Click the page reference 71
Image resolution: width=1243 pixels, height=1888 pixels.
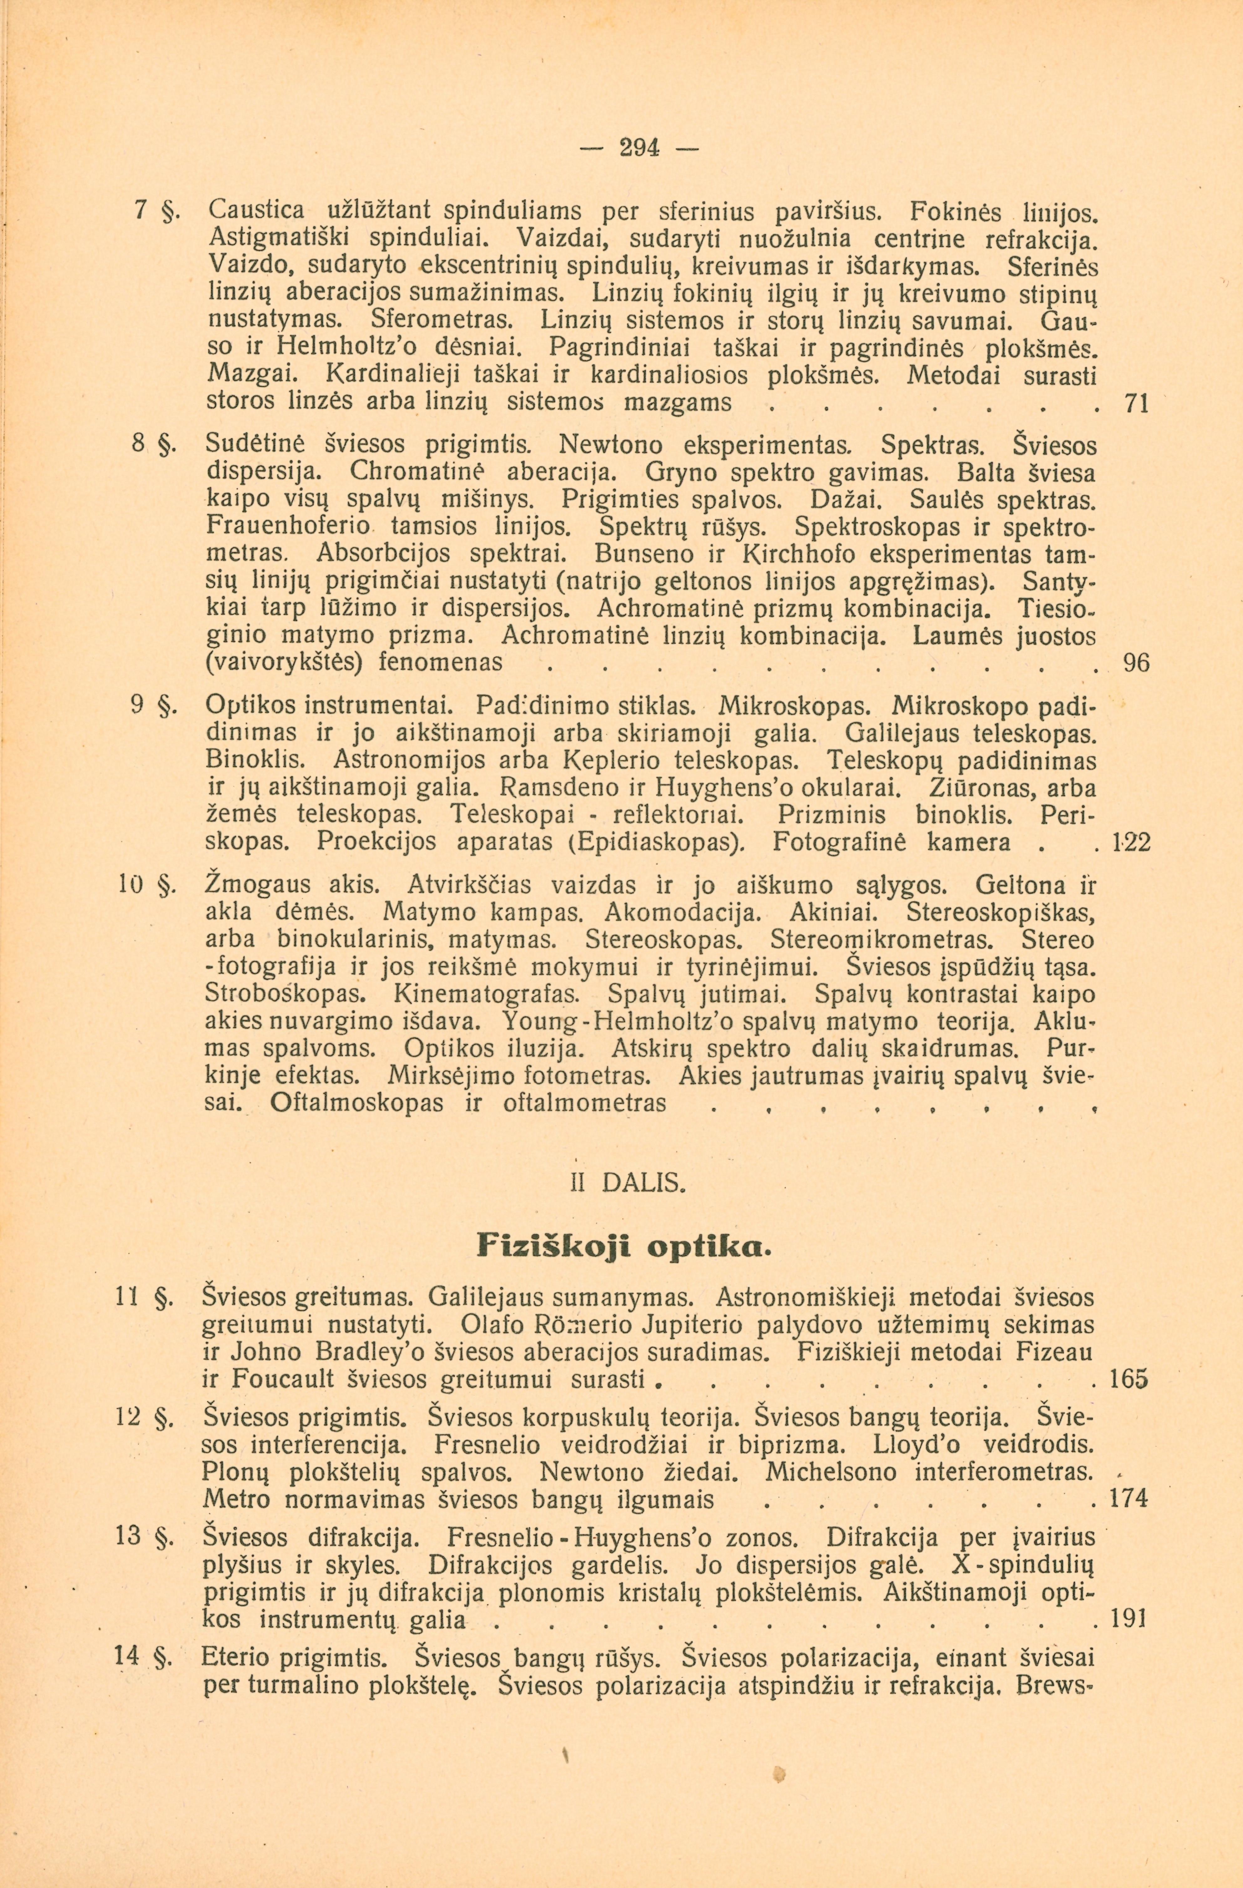point(1137,403)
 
